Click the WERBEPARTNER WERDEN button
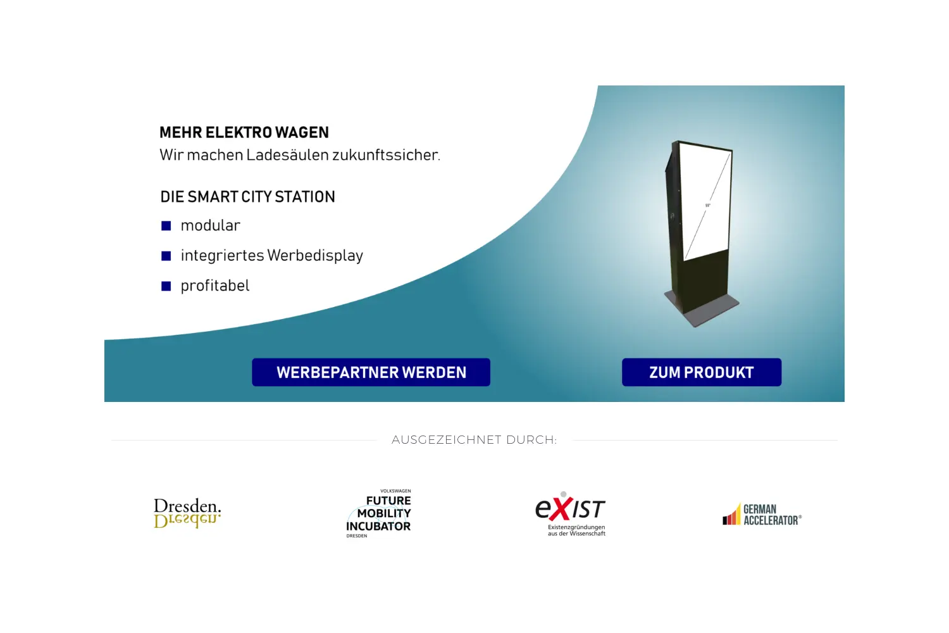[x=371, y=372]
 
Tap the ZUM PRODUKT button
[x=702, y=372]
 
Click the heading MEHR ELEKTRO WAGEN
[x=244, y=133]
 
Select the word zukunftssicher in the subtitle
[x=386, y=155]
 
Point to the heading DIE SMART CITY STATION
[x=247, y=197]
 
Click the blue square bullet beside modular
[x=166, y=225]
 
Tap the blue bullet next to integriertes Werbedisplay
[x=166, y=256]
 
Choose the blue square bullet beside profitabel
[x=166, y=286]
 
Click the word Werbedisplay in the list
[x=315, y=256]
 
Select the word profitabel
[x=215, y=285]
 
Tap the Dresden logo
[x=187, y=513]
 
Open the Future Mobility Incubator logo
[x=379, y=513]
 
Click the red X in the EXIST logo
[x=561, y=509]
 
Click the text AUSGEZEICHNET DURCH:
[x=475, y=440]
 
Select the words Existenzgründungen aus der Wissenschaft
[x=576, y=530]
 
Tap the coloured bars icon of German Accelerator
[x=731, y=514]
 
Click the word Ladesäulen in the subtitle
[x=288, y=155]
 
